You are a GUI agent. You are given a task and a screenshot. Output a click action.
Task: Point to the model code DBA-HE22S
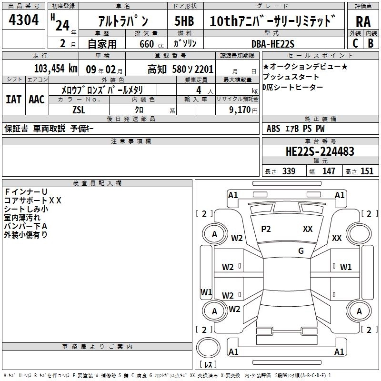[x=273, y=44]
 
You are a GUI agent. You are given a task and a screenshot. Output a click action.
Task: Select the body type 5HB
[x=184, y=22]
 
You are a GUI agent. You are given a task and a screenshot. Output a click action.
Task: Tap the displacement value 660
[x=147, y=44]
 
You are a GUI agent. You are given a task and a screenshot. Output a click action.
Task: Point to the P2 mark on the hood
[x=266, y=229]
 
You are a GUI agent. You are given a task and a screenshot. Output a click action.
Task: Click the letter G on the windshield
[x=301, y=251]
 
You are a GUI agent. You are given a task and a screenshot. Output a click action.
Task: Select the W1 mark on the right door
[x=346, y=267]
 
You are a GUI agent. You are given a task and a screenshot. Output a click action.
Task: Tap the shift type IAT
[x=13, y=100]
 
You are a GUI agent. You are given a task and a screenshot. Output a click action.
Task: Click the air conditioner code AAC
[x=36, y=100]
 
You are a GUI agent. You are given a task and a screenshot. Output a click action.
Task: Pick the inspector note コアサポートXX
[x=33, y=200]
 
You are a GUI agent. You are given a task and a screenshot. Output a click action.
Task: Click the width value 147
[x=329, y=171]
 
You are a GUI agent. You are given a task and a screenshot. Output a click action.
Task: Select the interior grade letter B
[x=371, y=43]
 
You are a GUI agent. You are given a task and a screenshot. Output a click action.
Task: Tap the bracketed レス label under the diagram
[x=208, y=365]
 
